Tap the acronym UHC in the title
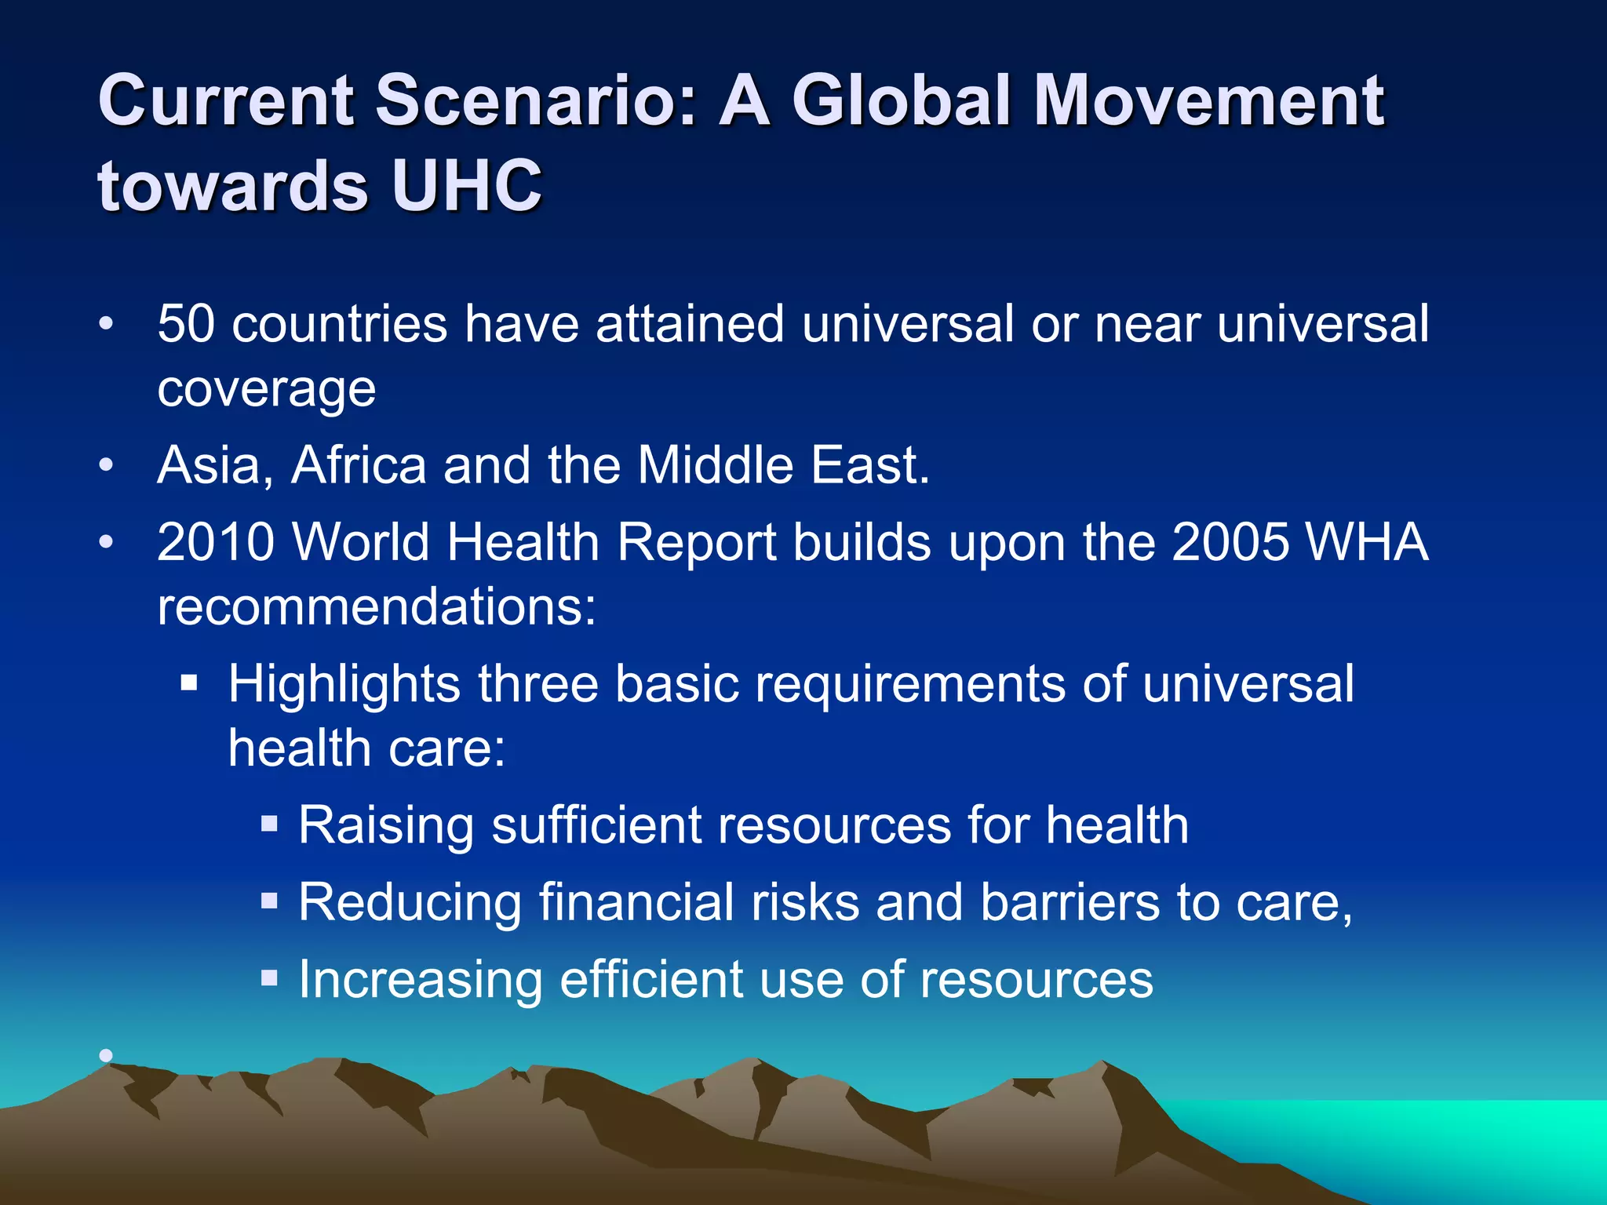click(466, 187)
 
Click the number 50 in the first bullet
click(186, 324)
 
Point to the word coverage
click(267, 389)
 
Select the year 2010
click(216, 542)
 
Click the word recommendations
click(377, 606)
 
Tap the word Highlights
click(344, 684)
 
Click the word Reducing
click(410, 902)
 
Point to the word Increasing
click(421, 980)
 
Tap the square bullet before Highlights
click(188, 683)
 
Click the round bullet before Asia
click(106, 466)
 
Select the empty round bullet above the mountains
click(106, 1056)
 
